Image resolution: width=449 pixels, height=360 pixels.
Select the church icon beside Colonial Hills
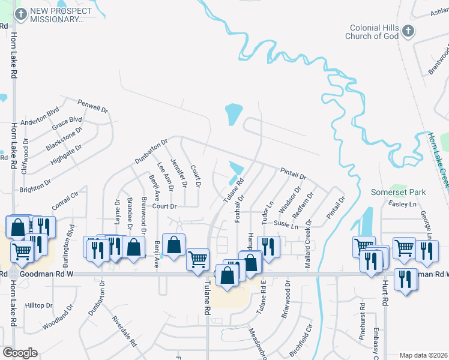[408, 31]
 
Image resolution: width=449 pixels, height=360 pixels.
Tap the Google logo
[20, 353]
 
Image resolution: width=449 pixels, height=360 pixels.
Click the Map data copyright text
[423, 355]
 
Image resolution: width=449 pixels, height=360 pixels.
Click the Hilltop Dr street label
[39, 305]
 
